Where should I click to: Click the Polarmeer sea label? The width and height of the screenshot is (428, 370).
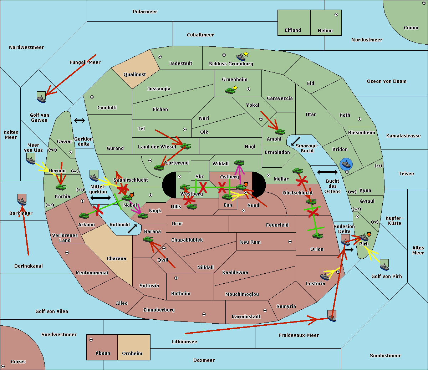click(x=145, y=12)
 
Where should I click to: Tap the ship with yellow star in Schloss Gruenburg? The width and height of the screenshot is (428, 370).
click(x=241, y=57)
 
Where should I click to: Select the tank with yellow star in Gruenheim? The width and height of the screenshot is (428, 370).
click(x=230, y=91)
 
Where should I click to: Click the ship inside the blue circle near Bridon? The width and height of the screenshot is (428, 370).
click(x=346, y=164)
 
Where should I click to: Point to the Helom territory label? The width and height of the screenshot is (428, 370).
click(x=325, y=31)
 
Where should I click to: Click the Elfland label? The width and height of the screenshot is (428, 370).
click(x=293, y=30)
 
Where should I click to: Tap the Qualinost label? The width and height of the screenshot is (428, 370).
click(x=134, y=75)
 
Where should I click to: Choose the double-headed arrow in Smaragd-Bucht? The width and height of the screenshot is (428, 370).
click(x=296, y=141)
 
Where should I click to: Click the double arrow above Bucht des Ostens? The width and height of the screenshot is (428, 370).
click(x=327, y=172)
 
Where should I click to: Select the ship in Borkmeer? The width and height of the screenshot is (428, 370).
click(x=22, y=202)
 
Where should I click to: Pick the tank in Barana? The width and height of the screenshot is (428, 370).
click(x=148, y=239)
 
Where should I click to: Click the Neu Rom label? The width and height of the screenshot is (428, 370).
click(x=250, y=242)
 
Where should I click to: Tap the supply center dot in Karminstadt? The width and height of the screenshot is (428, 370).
click(x=265, y=310)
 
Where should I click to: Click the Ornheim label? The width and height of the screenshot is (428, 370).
click(x=132, y=354)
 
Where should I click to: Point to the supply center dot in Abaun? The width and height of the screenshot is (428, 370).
click(x=91, y=340)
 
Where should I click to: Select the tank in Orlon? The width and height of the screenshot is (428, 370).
click(x=317, y=235)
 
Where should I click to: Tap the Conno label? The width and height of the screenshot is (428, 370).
click(x=411, y=28)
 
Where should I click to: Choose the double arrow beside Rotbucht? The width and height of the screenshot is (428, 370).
click(x=132, y=229)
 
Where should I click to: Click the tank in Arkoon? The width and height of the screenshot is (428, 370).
click(x=84, y=216)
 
